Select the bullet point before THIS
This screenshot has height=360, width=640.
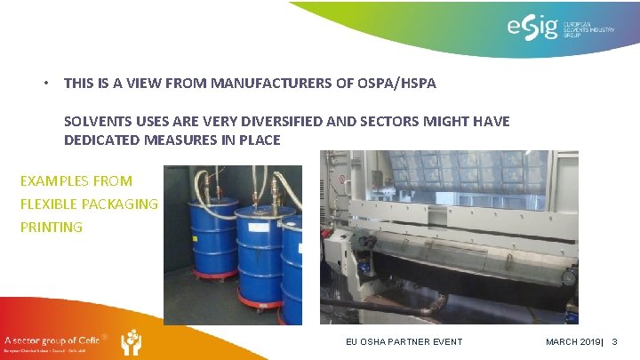(45, 84)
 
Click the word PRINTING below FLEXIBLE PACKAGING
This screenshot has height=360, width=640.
(51, 228)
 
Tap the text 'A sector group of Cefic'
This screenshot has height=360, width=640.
(53, 340)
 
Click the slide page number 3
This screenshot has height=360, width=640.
(614, 341)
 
